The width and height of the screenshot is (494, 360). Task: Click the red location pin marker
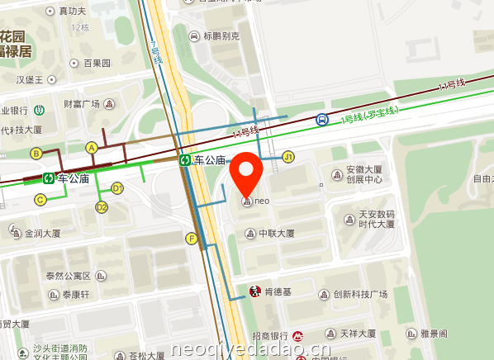pos(245,173)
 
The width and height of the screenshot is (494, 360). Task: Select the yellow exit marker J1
pos(288,157)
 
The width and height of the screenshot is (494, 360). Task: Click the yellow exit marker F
pos(192,239)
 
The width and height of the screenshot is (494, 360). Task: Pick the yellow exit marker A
pos(92,147)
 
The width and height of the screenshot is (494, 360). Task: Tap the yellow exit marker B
pos(36,153)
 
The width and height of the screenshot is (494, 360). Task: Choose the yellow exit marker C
pos(40,199)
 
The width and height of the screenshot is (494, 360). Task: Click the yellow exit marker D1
pos(117,188)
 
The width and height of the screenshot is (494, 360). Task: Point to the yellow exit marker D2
pos(102,207)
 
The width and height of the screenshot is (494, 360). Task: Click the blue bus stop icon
pos(321,120)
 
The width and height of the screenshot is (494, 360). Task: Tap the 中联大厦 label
pos(276,234)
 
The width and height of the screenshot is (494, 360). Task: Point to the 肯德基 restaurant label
pos(273,292)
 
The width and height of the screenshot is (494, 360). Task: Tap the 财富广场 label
pos(82,104)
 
